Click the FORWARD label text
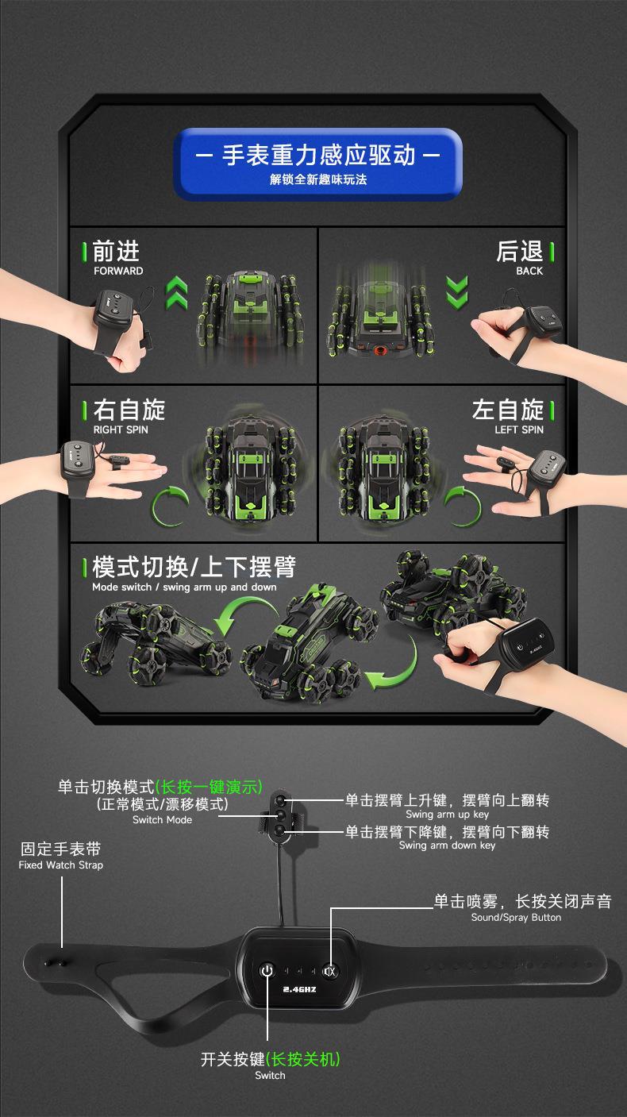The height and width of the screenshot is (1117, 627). [x=118, y=271]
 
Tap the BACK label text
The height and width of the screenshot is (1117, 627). [x=529, y=271]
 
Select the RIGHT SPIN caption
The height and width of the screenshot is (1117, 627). [x=121, y=429]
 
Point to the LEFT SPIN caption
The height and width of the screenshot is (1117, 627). [x=519, y=429]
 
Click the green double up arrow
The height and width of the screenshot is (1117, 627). [x=177, y=292]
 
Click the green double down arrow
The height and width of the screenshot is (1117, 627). [x=457, y=292]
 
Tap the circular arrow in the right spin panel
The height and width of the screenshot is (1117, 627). [x=170, y=507]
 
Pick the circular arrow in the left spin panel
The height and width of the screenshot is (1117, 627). [x=463, y=507]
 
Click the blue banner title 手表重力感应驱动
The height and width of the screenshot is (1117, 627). [x=318, y=155]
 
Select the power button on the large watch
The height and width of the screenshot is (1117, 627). [x=267, y=970]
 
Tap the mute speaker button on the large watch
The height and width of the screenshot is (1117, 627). [x=329, y=971]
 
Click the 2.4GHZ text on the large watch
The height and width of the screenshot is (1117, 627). [x=299, y=989]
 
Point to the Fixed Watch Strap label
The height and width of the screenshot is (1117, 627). [x=61, y=865]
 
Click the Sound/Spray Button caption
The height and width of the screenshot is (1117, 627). [x=517, y=918]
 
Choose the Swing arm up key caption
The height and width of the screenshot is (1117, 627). [x=447, y=815]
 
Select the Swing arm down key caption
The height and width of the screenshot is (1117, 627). [x=447, y=845]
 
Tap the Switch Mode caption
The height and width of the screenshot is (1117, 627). [x=162, y=820]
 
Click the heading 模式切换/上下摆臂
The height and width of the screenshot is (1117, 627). [x=194, y=567]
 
